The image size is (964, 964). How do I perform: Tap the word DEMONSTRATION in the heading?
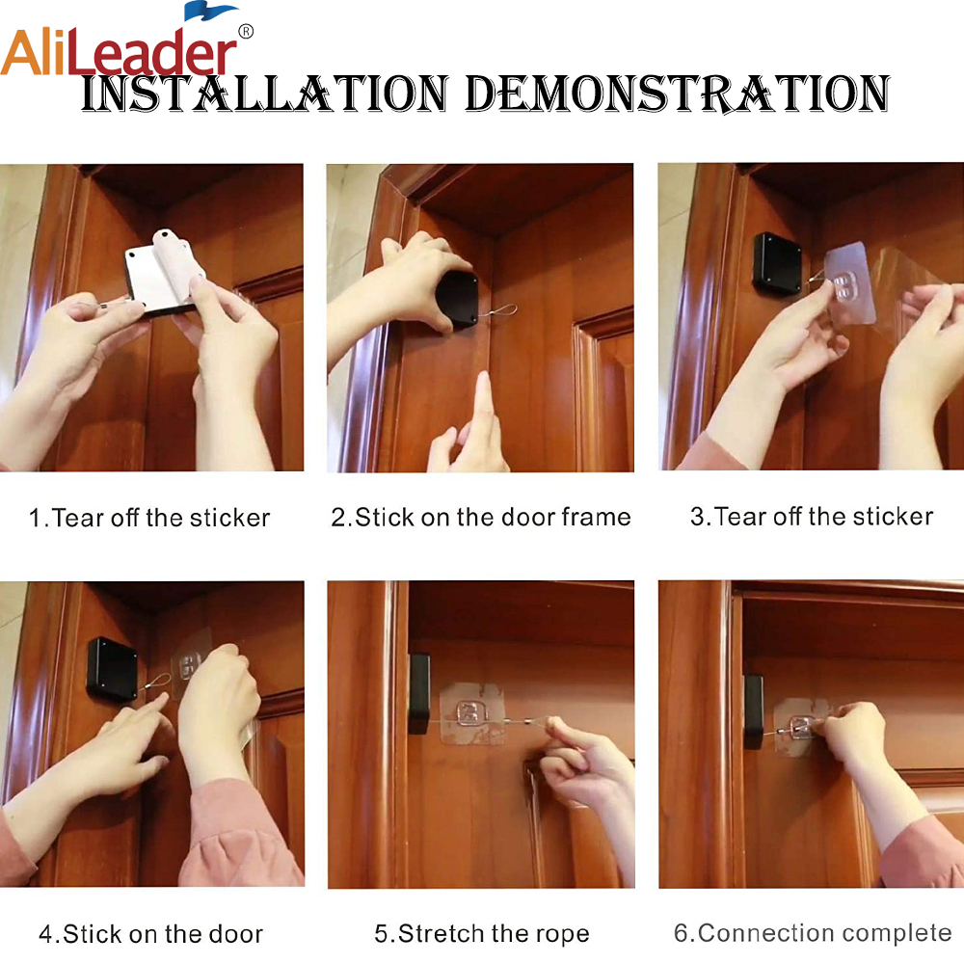pos(678,94)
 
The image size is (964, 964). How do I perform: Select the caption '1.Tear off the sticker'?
pos(149,519)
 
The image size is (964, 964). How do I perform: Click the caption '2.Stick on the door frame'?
pos(481,518)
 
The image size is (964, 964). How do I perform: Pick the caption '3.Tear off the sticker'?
pos(812,517)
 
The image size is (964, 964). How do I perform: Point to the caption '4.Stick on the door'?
pos(150,934)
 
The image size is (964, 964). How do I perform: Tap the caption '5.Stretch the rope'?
pos(481,934)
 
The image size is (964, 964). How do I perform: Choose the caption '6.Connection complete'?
pos(813,933)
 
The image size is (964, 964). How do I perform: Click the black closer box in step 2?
pos(457,300)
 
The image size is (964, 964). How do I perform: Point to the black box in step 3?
pos(778,262)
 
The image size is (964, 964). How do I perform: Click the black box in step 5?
pos(419,693)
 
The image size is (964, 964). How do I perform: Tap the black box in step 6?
pos(754,711)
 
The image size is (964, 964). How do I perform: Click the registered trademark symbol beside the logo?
pos(245,32)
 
